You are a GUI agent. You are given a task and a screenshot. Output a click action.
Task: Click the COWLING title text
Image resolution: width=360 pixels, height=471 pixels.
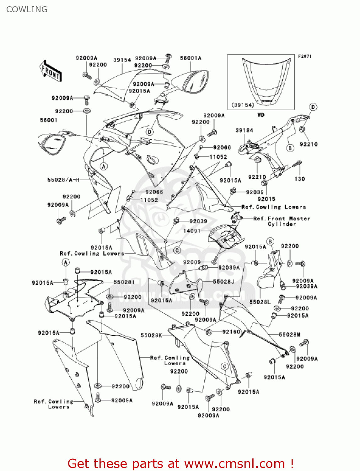click(27, 9)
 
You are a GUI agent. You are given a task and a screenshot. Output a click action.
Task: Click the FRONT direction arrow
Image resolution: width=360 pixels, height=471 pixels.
click(51, 71)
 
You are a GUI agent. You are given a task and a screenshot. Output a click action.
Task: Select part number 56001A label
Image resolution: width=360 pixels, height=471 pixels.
click(191, 58)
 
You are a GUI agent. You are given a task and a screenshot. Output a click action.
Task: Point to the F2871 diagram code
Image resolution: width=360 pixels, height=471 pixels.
click(304, 56)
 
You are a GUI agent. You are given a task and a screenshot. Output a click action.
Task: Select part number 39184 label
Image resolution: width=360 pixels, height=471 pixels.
click(244, 130)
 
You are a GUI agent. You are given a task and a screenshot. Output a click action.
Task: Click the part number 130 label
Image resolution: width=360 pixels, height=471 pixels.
click(299, 179)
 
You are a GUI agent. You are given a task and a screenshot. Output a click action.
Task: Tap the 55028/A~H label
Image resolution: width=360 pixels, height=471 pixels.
click(63, 180)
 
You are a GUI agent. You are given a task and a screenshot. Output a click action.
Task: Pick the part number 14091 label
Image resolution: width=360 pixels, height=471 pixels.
click(192, 231)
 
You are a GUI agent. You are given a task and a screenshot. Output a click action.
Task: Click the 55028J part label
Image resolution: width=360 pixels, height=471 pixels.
click(223, 282)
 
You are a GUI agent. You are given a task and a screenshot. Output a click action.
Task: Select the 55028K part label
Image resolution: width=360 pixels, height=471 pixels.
click(151, 335)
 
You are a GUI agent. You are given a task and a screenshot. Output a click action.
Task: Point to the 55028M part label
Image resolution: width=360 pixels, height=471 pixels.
click(289, 335)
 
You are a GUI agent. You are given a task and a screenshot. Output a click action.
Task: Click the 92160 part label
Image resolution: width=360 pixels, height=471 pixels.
click(231, 332)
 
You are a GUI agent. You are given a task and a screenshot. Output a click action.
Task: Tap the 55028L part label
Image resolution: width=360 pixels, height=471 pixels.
click(260, 302)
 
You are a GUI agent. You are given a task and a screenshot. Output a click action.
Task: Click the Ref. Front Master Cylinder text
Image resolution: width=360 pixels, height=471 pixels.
click(282, 221)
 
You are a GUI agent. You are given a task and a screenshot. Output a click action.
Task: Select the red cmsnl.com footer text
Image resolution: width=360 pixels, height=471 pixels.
click(180, 463)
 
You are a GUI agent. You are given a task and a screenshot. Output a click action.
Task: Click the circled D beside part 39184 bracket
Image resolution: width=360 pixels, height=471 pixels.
click(313, 107)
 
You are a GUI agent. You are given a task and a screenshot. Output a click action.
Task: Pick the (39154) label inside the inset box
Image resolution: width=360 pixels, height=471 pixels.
click(243, 105)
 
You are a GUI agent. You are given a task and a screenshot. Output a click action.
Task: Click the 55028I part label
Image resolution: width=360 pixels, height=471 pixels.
click(124, 282)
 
